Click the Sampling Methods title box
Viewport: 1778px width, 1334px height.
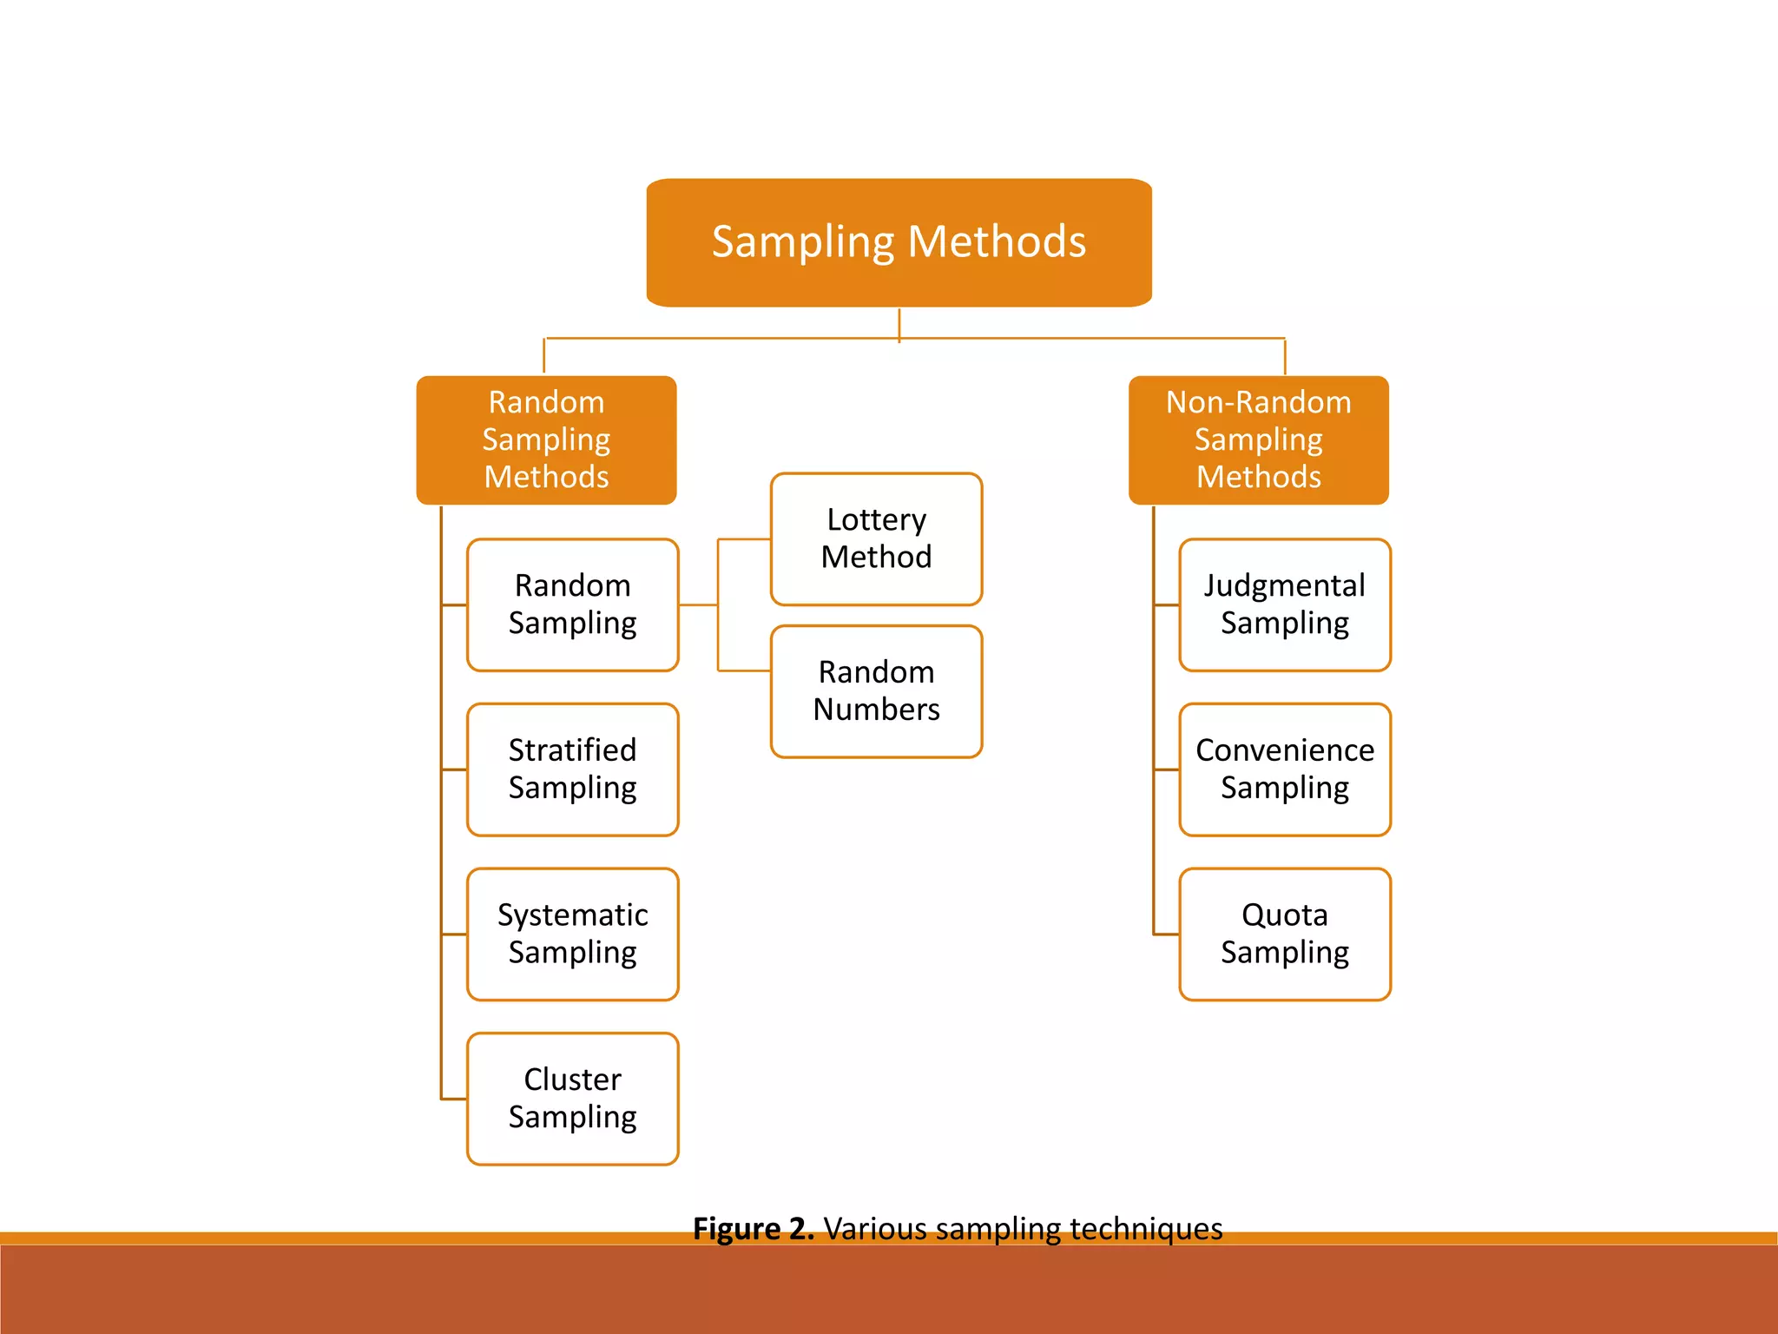click(x=899, y=242)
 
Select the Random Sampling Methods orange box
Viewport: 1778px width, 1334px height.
click(x=546, y=439)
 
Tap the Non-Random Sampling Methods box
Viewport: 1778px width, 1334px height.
click(x=1258, y=439)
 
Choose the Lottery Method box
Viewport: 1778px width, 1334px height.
click(x=876, y=538)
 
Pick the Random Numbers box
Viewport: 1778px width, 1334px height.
click(x=876, y=691)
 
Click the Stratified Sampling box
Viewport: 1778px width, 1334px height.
click(x=572, y=769)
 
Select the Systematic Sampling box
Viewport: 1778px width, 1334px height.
click(x=572, y=934)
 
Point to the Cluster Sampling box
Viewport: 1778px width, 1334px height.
click(x=572, y=1099)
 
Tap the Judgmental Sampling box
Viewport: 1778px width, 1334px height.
click(x=1284, y=604)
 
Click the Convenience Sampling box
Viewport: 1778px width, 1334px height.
click(x=1284, y=769)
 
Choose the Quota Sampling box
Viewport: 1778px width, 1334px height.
click(x=1284, y=934)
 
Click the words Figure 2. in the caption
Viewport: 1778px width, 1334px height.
click(x=753, y=1229)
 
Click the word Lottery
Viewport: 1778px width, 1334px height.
click(x=876, y=519)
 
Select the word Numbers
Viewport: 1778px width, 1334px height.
click(x=876, y=710)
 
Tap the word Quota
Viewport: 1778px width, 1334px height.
click(x=1284, y=915)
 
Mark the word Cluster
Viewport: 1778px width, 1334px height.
click(x=572, y=1080)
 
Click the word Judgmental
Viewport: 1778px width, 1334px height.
click(x=1284, y=585)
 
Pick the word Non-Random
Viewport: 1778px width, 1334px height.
click(x=1258, y=402)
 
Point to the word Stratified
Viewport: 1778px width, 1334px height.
click(x=572, y=750)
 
